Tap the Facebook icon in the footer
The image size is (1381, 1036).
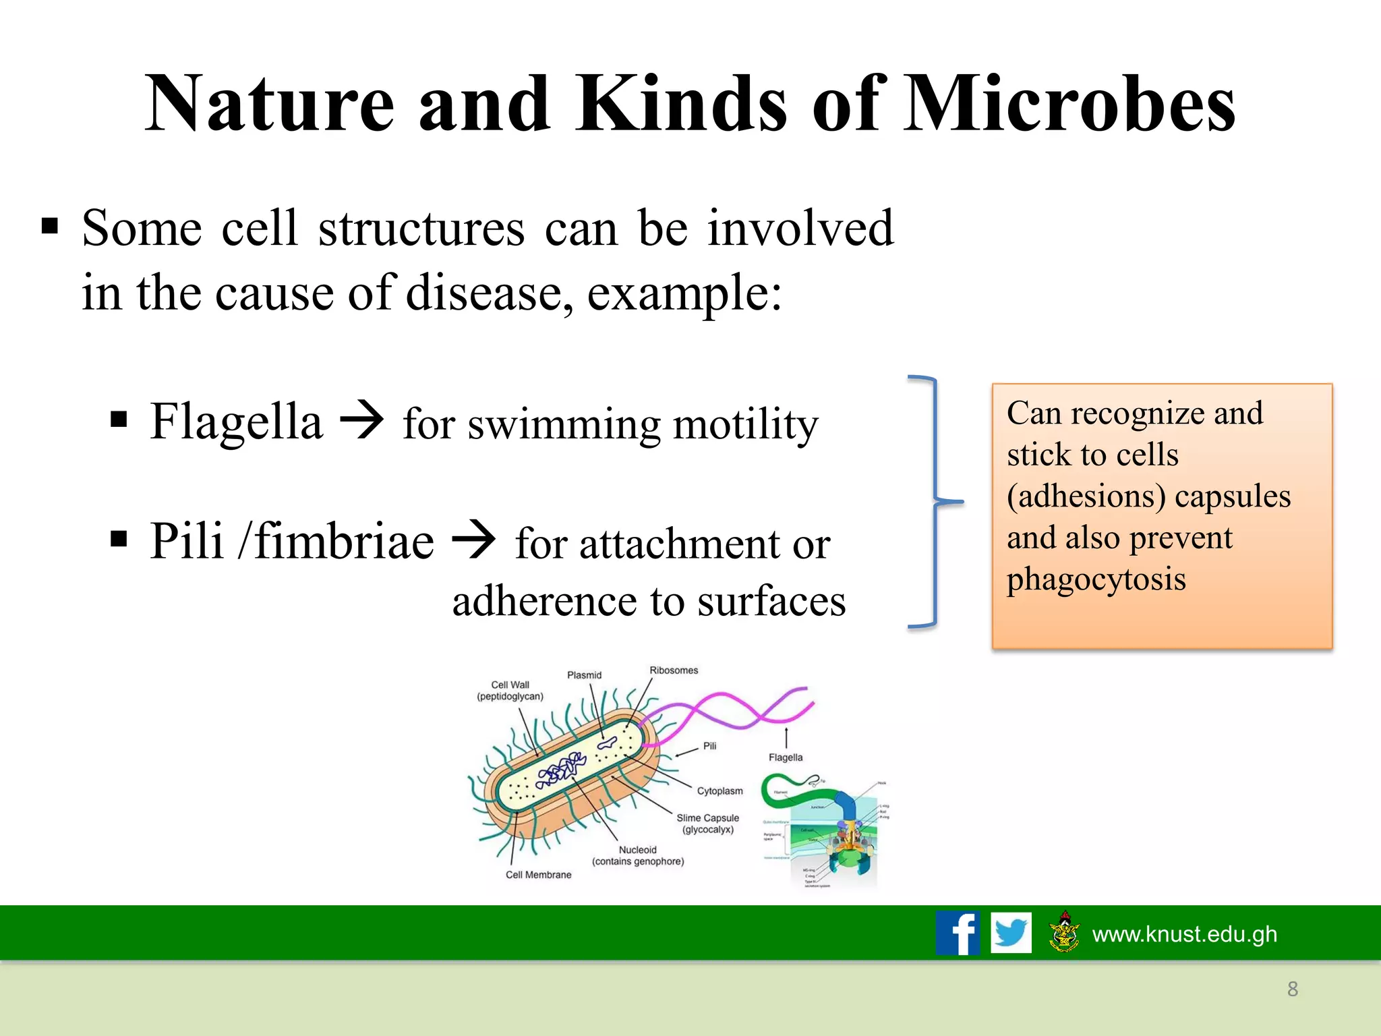[x=958, y=933]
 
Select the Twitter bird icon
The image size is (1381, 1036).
[x=1011, y=933]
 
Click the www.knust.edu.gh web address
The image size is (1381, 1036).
[x=1184, y=934]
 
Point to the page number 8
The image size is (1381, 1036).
[x=1292, y=989]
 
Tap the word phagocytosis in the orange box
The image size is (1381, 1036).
[x=1096, y=579]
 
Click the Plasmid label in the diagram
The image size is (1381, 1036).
[x=584, y=675]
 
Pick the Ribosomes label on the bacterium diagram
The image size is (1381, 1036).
[x=674, y=670]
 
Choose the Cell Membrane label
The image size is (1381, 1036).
[x=538, y=875]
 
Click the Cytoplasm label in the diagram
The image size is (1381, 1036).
[x=719, y=790]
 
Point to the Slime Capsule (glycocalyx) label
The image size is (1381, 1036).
[x=707, y=824]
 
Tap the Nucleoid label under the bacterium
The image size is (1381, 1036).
[x=637, y=851]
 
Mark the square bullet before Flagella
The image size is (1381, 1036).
[x=119, y=420]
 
